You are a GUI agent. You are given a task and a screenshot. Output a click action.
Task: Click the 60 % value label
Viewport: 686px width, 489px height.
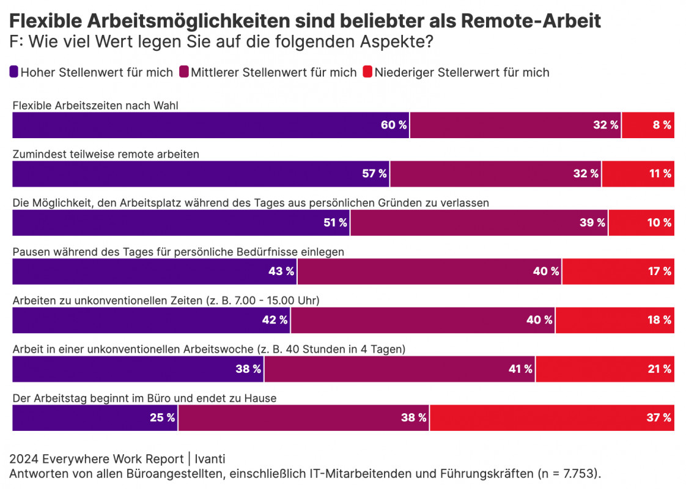click(394, 125)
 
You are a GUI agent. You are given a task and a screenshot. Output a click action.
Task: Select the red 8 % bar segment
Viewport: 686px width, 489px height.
click(647, 125)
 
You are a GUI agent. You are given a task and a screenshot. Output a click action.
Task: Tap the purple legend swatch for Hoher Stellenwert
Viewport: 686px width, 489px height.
click(14, 72)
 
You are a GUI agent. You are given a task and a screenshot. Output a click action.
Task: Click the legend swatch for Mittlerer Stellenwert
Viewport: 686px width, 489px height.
click(184, 72)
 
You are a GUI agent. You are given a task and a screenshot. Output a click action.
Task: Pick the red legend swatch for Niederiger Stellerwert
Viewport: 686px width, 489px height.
click(367, 72)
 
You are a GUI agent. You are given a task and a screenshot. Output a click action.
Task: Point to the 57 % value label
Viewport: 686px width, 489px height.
click(374, 174)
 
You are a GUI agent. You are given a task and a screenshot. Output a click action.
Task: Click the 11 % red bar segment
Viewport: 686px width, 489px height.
click(638, 174)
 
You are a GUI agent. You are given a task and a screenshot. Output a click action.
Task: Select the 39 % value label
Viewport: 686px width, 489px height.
click(592, 223)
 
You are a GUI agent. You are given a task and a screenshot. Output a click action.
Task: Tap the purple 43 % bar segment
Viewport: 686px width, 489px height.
click(155, 271)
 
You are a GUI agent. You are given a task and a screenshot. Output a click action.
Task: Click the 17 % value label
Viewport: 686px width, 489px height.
click(660, 271)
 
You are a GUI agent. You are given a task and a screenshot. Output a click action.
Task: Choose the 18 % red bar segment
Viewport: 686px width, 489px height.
click(614, 320)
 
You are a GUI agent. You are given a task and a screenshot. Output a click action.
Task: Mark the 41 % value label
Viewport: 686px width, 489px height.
click(520, 369)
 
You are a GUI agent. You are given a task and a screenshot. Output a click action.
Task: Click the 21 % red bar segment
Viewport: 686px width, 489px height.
click(605, 369)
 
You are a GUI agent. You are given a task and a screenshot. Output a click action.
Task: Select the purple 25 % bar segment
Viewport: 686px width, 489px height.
click(95, 418)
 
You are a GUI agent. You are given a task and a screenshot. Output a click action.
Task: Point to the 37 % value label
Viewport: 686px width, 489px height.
click(660, 418)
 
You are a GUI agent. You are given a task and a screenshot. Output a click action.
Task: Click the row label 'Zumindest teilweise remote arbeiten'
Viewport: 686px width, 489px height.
click(106, 155)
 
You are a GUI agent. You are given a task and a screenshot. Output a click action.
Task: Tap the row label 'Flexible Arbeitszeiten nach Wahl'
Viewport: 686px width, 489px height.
click(95, 106)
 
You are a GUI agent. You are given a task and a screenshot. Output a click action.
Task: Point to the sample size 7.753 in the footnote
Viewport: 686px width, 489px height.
click(572, 474)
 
